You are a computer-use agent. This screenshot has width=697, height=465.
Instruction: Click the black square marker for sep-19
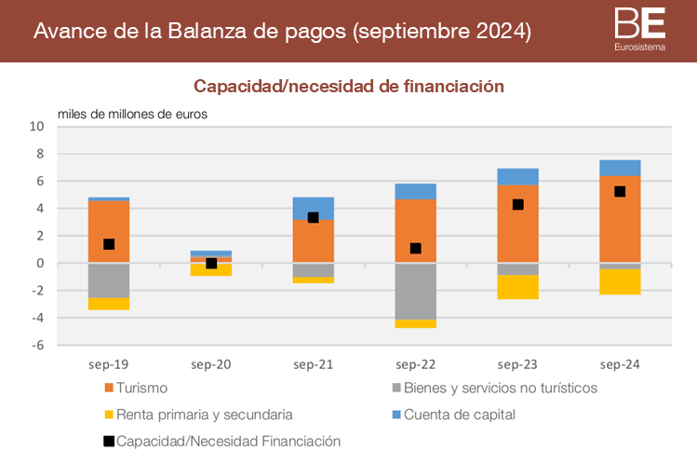coord(109,244)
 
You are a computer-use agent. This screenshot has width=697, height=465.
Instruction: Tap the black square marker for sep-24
coord(620,192)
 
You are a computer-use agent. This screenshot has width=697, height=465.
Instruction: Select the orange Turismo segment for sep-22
coord(415,231)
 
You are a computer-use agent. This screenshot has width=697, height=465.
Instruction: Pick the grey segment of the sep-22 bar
coord(415,292)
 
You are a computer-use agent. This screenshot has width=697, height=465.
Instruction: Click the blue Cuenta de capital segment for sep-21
coord(314,208)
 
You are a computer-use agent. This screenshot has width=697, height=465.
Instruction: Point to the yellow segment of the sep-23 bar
coord(517,287)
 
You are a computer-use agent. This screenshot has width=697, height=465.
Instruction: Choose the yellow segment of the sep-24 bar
coord(620,281)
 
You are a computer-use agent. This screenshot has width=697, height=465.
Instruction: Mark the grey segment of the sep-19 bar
coord(109,280)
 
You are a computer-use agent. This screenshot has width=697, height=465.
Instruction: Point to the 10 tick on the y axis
coord(38,127)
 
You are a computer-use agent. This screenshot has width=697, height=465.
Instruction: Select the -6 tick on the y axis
coord(38,346)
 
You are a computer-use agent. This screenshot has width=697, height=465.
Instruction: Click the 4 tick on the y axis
coord(41,209)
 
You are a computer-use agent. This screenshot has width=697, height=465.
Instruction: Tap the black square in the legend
coord(109,442)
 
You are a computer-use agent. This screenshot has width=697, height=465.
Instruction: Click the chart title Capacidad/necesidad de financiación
coord(348,86)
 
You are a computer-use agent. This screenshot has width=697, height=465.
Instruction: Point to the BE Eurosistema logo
coord(641,29)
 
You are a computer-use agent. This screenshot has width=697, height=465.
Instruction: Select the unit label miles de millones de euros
coord(132,114)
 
